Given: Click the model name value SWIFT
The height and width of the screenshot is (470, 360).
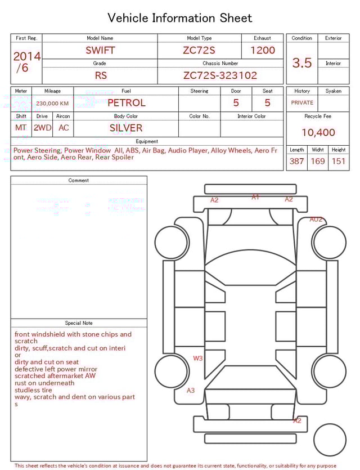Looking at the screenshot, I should (x=100, y=50).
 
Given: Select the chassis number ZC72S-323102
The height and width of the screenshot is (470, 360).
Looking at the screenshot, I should (x=220, y=75).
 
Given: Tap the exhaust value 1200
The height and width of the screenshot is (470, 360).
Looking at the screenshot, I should (x=263, y=50).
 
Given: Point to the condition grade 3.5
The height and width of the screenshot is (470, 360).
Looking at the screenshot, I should (x=302, y=63).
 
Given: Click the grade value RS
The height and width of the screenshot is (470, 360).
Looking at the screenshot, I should (x=100, y=75).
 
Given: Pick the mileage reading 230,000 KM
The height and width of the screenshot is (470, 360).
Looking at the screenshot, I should (x=52, y=104).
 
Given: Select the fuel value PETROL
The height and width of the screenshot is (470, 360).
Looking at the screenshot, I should (x=126, y=103).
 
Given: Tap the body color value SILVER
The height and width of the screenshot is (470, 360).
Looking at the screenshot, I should (x=126, y=128).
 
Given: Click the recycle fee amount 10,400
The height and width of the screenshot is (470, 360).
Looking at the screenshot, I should (x=318, y=133).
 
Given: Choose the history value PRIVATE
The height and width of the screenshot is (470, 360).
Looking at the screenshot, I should (x=302, y=103).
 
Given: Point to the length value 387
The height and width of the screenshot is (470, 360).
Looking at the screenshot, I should (x=296, y=162).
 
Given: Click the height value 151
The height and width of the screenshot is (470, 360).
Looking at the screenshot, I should (x=338, y=162).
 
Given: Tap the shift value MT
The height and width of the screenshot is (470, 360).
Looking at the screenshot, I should (x=21, y=128).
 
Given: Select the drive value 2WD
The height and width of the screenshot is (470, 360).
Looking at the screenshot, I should (x=42, y=128).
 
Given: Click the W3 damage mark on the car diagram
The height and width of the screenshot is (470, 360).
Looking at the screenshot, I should (x=198, y=358).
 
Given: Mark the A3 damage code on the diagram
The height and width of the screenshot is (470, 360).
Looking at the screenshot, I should (x=191, y=390).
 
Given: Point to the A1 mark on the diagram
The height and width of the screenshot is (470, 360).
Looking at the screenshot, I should (x=255, y=197).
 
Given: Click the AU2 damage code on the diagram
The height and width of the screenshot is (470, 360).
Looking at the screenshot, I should (x=316, y=220).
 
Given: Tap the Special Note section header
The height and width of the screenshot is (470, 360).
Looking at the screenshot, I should (x=79, y=323).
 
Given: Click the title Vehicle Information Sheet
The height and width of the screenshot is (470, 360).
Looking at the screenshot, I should (x=180, y=18).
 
